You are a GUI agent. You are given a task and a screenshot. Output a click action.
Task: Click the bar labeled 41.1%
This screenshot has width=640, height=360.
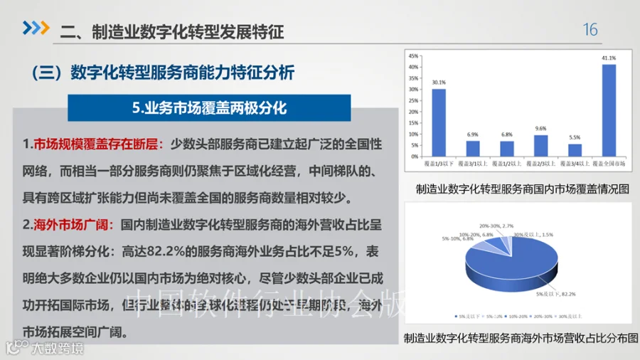click(x=609, y=110)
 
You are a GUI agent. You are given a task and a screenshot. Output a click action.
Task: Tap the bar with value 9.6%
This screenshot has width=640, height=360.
click(x=540, y=145)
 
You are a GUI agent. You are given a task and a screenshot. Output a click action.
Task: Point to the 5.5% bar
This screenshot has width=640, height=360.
click(x=575, y=149)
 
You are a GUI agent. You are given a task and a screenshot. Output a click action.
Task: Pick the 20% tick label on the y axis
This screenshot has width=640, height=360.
click(x=413, y=112)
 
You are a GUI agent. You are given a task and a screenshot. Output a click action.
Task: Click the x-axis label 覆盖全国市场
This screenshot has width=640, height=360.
click(x=609, y=164)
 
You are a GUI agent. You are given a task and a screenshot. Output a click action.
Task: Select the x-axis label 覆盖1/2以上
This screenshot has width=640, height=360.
click(x=507, y=164)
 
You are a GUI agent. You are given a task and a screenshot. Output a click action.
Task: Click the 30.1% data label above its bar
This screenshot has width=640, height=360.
click(x=439, y=83)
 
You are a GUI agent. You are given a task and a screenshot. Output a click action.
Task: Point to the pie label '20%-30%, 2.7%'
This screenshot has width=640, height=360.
click(x=496, y=225)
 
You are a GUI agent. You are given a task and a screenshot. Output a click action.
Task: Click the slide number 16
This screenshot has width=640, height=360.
click(x=590, y=30)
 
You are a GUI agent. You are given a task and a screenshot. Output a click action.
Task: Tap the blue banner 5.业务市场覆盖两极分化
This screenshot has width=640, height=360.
click(x=208, y=108)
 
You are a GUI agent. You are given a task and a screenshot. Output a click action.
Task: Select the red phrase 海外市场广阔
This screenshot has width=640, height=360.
click(x=72, y=226)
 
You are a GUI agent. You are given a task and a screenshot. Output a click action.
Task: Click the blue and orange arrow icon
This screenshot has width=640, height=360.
click(x=36, y=28)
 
